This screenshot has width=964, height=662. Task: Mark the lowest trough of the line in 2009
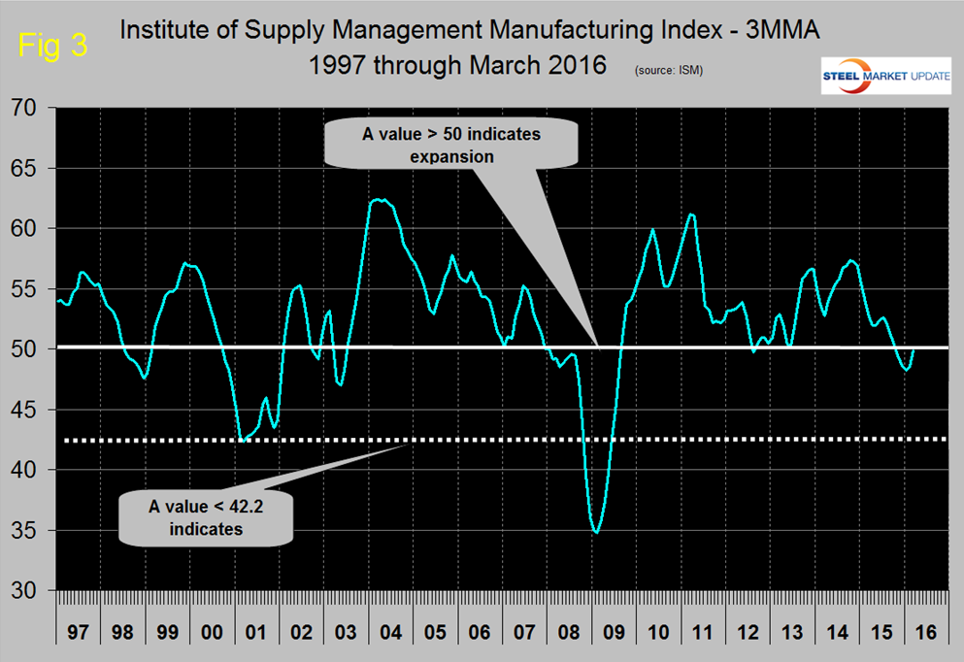(x=596, y=532)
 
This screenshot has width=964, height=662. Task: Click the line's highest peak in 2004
(x=380, y=200)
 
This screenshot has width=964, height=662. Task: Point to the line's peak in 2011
(x=690, y=215)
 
